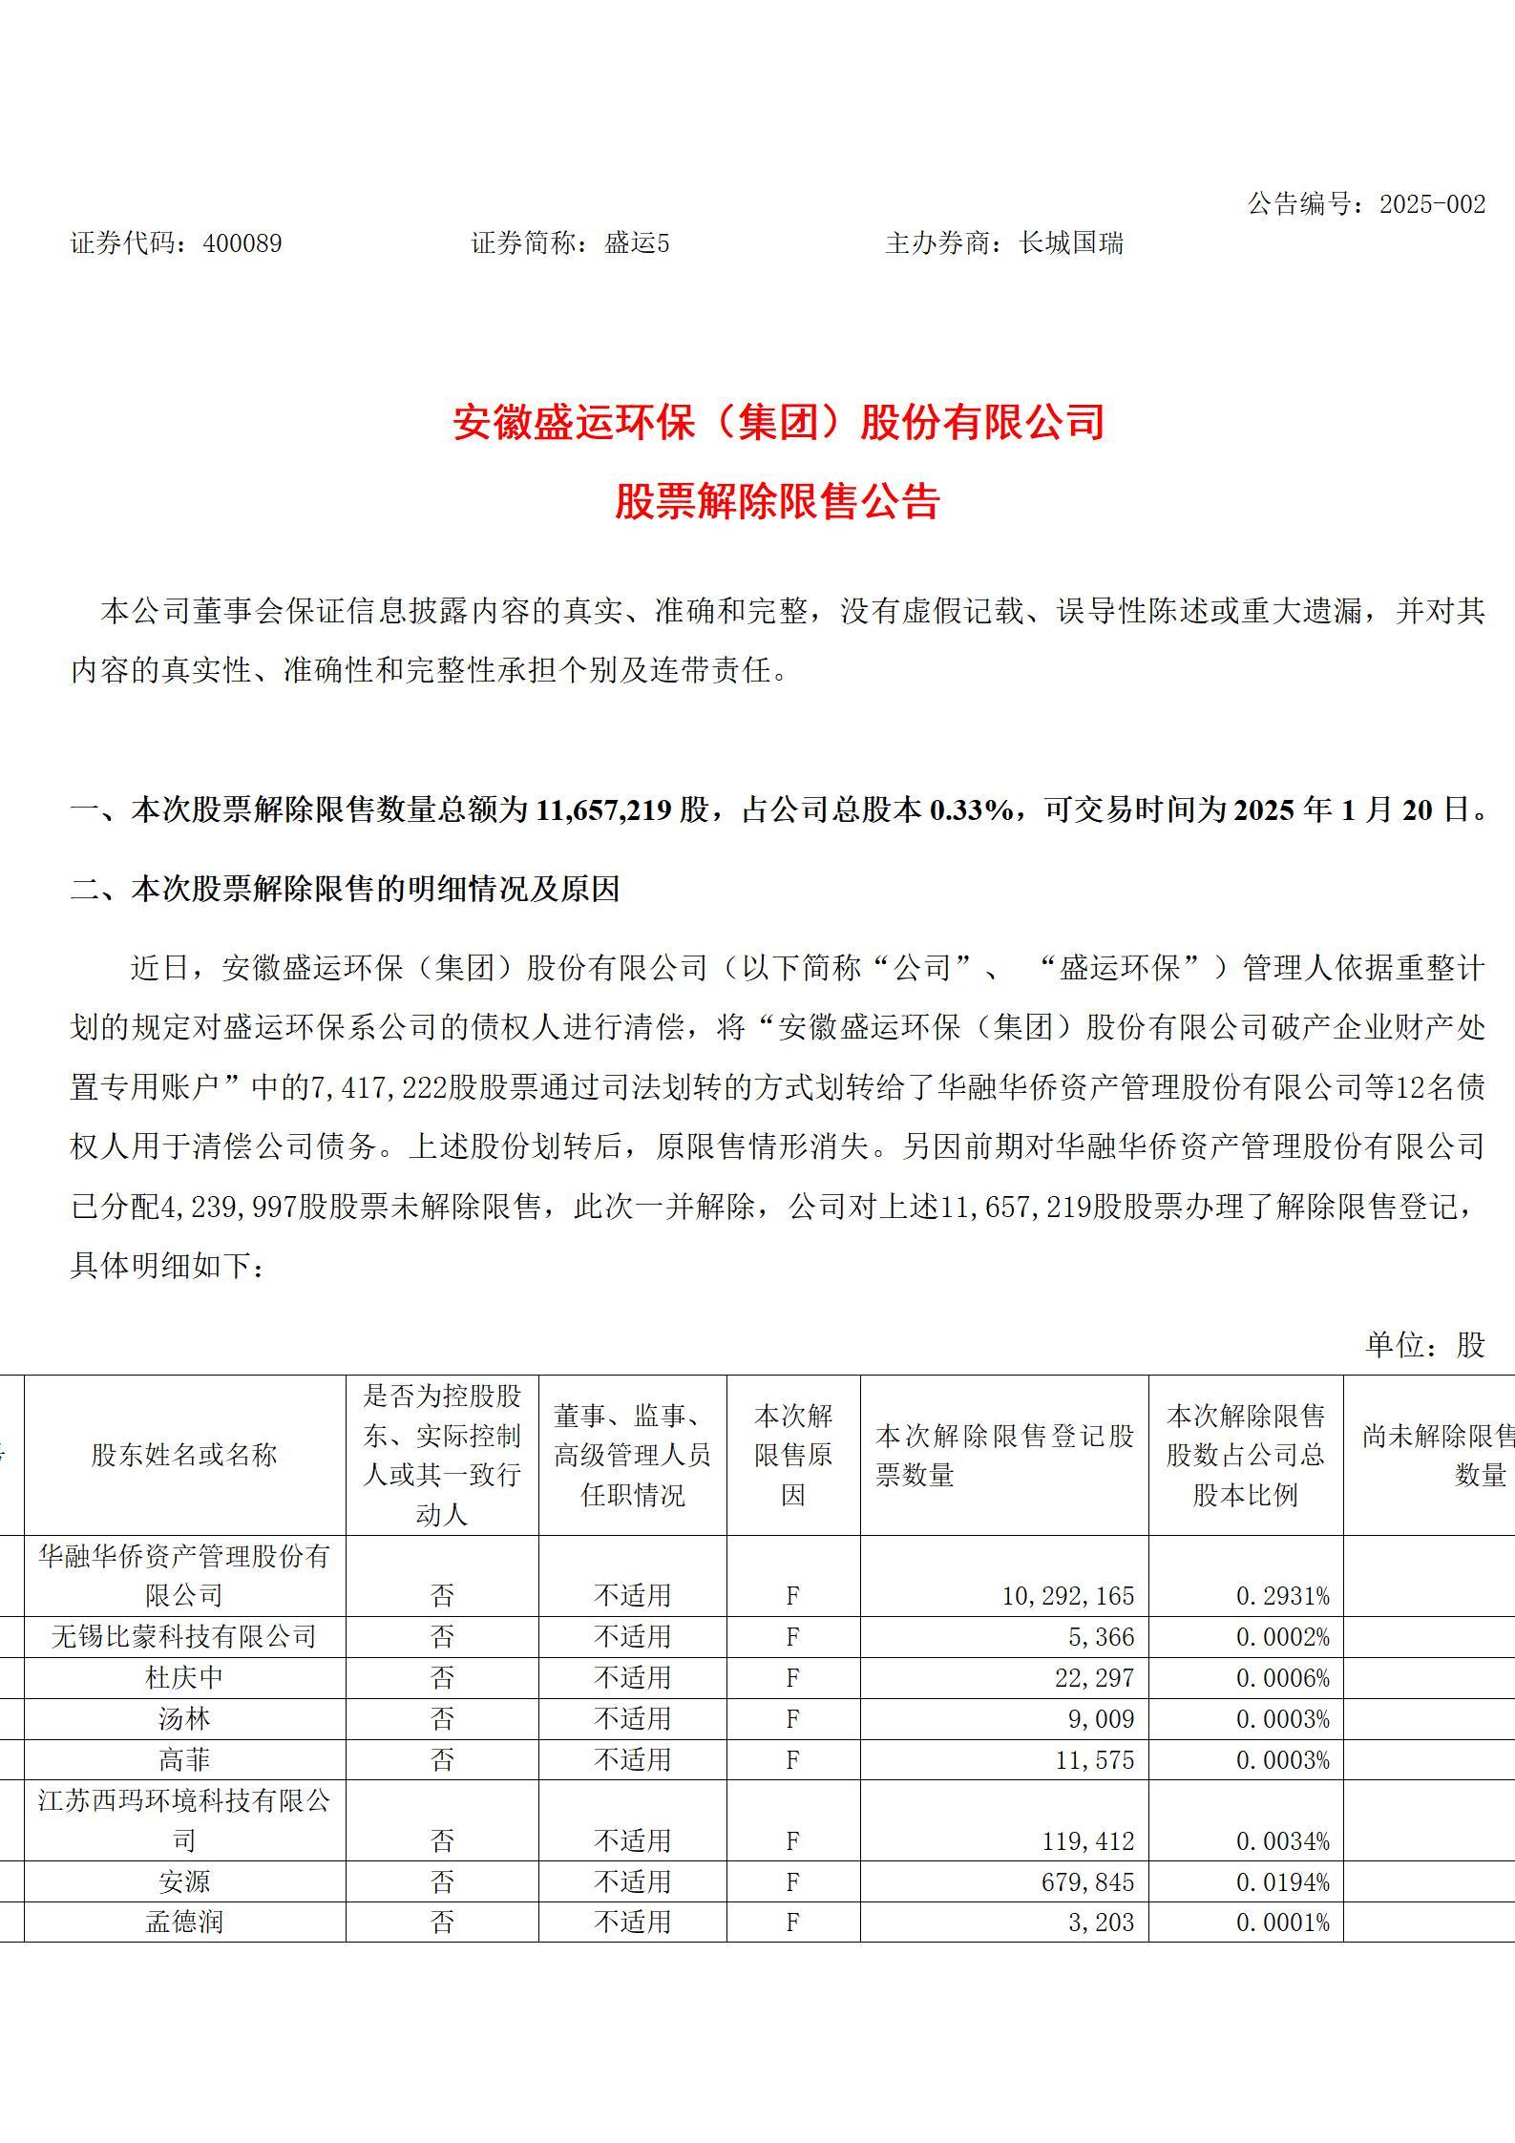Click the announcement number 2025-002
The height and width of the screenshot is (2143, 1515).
pyautogui.click(x=1432, y=204)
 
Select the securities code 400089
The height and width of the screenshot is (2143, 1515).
pyautogui.click(x=242, y=244)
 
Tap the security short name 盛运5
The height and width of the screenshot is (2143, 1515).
pyautogui.click(x=637, y=244)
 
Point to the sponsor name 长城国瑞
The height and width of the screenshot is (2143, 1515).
pyautogui.click(x=1070, y=244)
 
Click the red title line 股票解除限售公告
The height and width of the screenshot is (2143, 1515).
pyautogui.click(x=777, y=502)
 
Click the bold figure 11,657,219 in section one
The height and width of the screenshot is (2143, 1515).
pyautogui.click(x=603, y=810)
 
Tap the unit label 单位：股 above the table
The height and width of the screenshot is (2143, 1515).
pyautogui.click(x=1424, y=1344)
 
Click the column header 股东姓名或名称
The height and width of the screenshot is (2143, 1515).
pyautogui.click(x=184, y=1455)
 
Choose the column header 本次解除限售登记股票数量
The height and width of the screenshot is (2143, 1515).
pyautogui.click(x=1003, y=1455)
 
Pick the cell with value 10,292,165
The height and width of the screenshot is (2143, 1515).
pyautogui.click(x=1067, y=1595)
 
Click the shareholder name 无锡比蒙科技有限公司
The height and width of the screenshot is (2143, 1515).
pyautogui.click(x=184, y=1636)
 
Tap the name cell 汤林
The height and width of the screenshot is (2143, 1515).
pyautogui.click(x=184, y=1718)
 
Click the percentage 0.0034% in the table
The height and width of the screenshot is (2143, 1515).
pyautogui.click(x=1282, y=1840)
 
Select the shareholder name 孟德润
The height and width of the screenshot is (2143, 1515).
pyautogui.click(x=184, y=1922)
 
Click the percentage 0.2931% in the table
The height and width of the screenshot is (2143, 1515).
pyautogui.click(x=1282, y=1595)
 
